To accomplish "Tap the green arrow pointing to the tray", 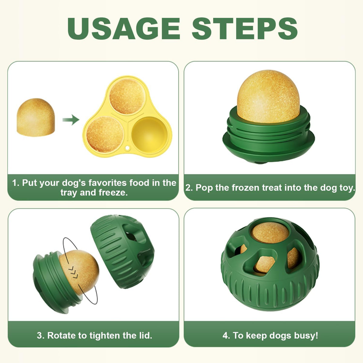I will pos(70,120).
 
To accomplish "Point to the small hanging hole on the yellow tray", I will pos(128,148).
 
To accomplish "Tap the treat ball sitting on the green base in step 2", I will pos(268,96).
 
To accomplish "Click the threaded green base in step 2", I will pos(268,139).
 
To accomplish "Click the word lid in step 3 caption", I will pos(144,335).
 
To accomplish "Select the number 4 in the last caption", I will pos(225,335).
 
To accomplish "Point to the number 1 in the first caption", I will pos(15,183).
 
